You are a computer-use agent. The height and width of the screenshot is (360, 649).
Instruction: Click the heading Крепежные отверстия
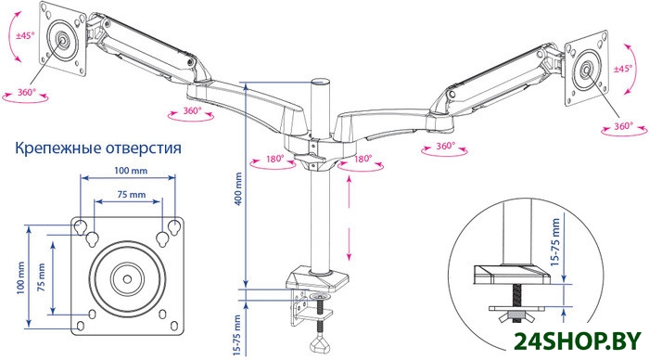[x=98, y=148]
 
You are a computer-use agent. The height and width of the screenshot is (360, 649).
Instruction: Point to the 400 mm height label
[x=238, y=189]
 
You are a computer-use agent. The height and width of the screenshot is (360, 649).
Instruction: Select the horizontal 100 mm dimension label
[x=132, y=171]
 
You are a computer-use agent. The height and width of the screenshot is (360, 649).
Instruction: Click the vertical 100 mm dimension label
[x=20, y=278]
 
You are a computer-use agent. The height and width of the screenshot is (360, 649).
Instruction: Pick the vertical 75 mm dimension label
[x=42, y=277]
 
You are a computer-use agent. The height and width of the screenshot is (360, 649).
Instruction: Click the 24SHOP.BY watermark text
[x=578, y=341]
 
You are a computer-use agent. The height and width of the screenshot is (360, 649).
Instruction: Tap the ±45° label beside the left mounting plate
[x=24, y=35]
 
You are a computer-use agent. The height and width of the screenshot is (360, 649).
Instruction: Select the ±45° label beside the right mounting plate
[x=623, y=69]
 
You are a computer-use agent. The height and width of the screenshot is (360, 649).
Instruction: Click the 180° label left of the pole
[x=275, y=159]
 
